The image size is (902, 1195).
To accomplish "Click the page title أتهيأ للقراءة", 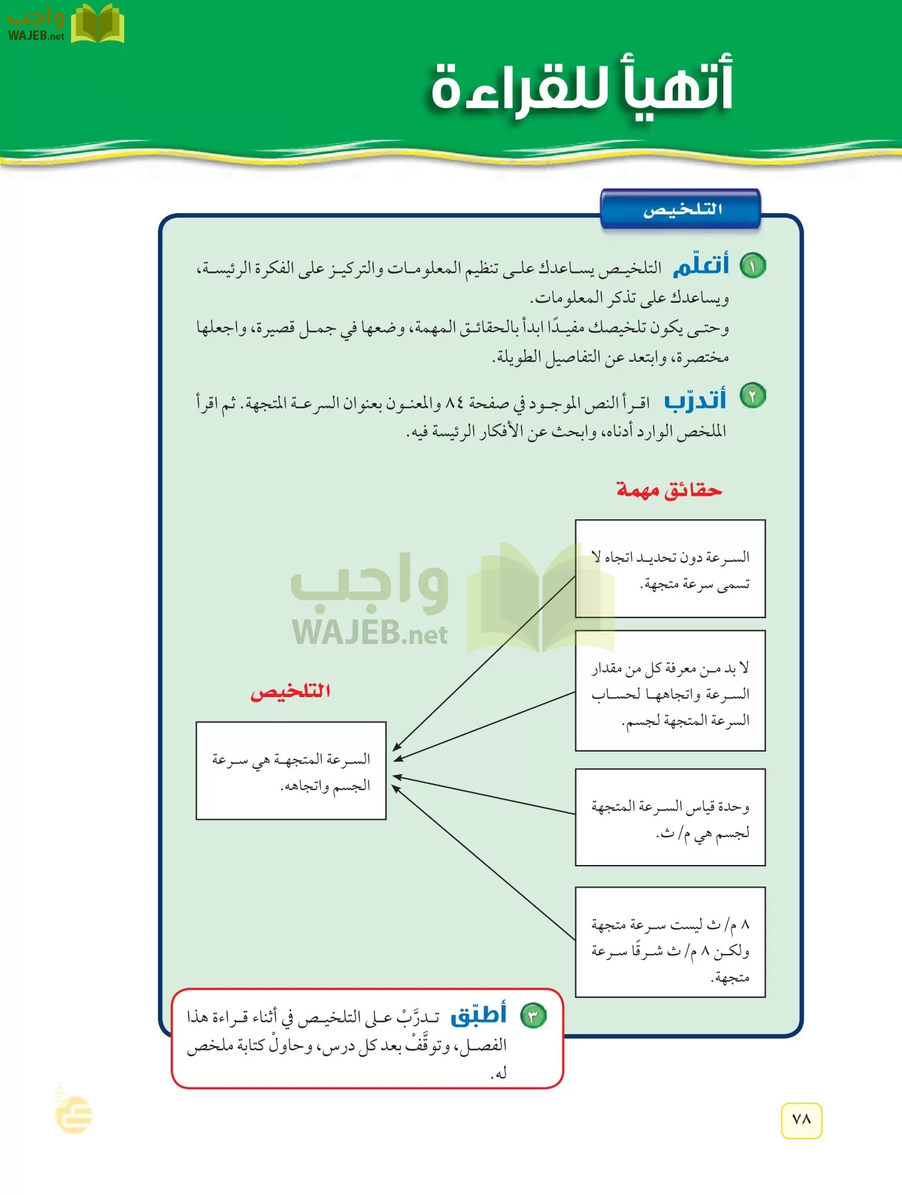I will [x=582, y=88].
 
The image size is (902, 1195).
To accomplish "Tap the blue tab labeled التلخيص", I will [x=681, y=210].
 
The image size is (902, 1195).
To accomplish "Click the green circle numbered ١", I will [x=753, y=266].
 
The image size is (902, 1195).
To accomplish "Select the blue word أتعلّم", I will [x=701, y=265].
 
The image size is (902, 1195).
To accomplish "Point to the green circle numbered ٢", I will [x=753, y=396].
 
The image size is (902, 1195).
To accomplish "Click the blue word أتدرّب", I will [x=695, y=400].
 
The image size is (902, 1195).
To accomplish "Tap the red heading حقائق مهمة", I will [x=669, y=490].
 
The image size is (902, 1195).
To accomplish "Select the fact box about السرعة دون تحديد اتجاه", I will [x=670, y=569].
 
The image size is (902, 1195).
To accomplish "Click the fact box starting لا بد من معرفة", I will [x=670, y=691].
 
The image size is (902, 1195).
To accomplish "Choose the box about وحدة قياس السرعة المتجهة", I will [x=670, y=817].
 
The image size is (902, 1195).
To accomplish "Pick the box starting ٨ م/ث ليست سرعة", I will [x=670, y=942].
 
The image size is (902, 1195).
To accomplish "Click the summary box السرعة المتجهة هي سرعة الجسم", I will [x=291, y=771].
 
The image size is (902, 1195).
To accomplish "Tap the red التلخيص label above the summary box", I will [x=290, y=692].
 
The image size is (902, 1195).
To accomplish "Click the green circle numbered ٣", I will [x=533, y=1016].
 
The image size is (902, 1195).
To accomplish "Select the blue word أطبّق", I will [x=479, y=1014].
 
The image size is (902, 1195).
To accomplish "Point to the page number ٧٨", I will [x=802, y=1120].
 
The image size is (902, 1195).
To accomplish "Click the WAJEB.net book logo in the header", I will [x=97, y=24].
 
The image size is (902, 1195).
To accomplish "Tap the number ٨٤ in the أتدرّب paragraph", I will [x=454, y=402].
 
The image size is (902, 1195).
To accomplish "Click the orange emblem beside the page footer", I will [x=74, y=1113].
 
